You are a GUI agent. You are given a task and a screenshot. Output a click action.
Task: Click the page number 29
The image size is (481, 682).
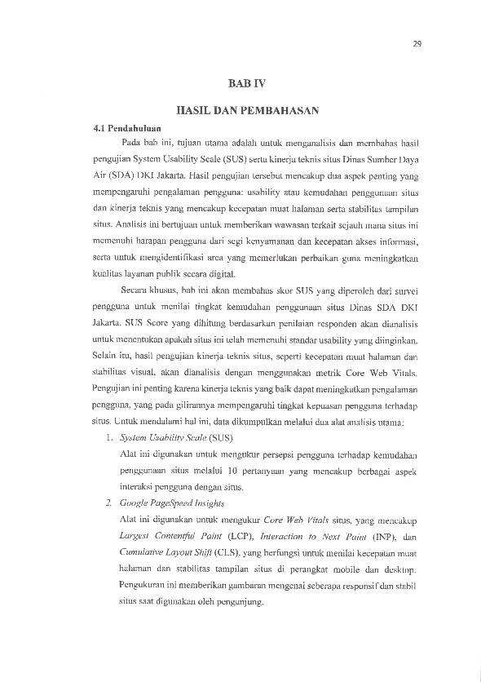[416, 44]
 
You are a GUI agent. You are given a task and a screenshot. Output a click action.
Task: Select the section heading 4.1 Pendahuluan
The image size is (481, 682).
[126, 128]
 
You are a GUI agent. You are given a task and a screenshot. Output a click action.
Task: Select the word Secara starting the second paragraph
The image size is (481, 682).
[137, 291]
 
